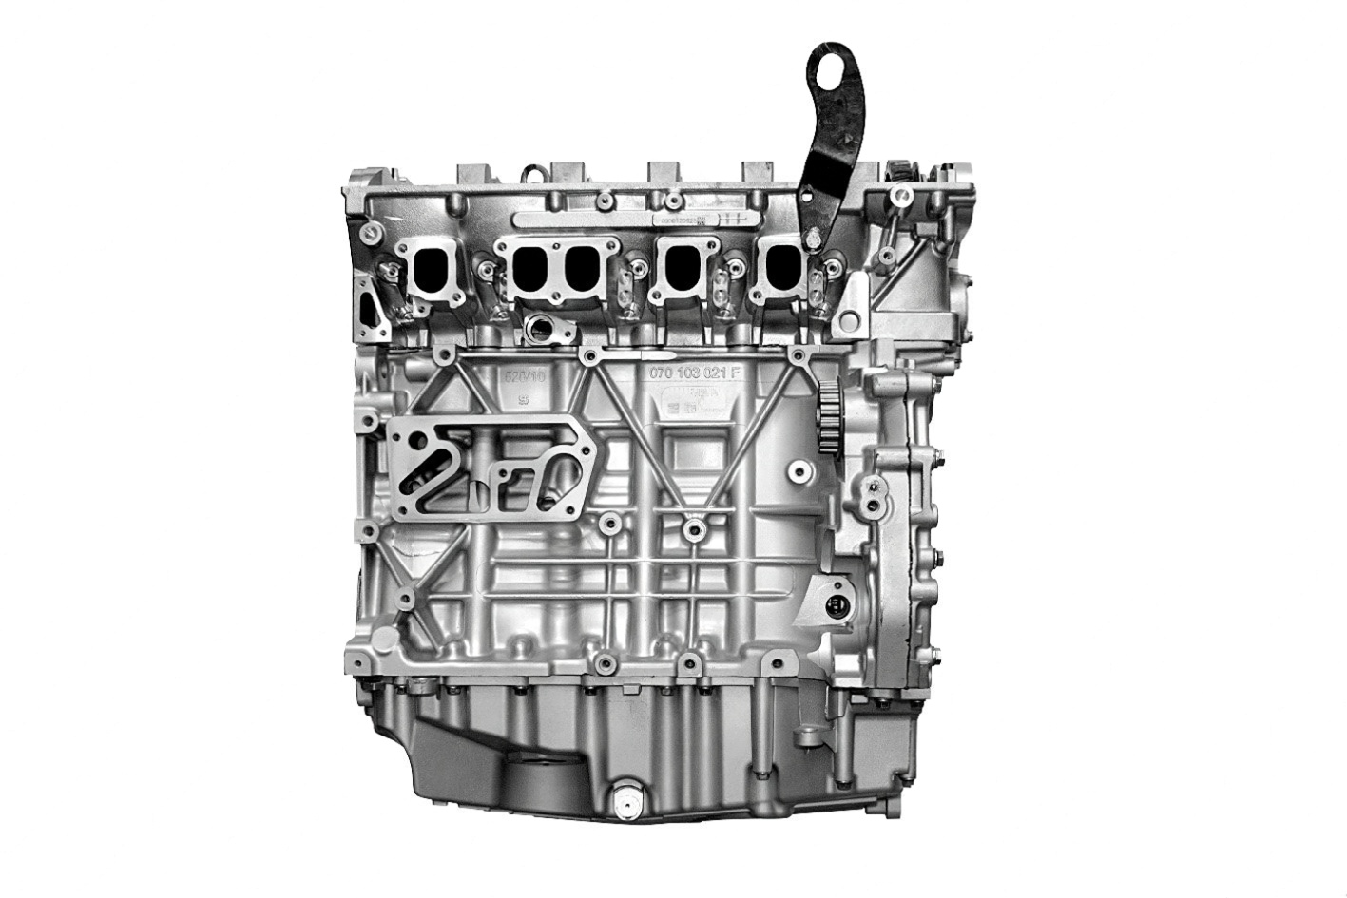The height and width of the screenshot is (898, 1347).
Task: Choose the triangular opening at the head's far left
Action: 370,303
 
